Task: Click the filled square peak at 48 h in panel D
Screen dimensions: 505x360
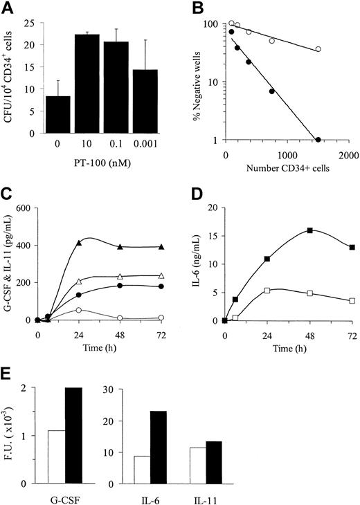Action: (310, 230)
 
